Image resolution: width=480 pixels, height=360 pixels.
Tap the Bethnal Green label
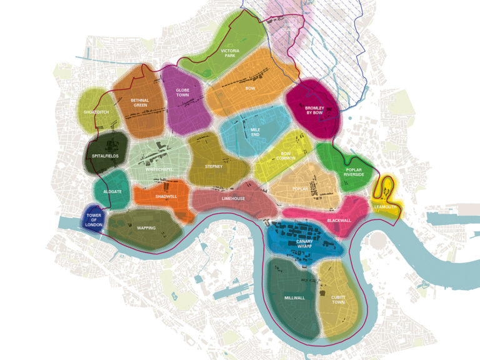(x=140, y=102)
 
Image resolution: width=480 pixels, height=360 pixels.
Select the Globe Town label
(x=182, y=92)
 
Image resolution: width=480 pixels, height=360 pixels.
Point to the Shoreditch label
(x=97, y=112)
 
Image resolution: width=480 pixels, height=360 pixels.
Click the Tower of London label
(x=94, y=219)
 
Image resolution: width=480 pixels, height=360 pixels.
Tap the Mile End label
(x=255, y=132)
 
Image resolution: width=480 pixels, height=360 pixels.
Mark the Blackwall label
(x=339, y=221)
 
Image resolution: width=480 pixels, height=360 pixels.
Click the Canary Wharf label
(x=304, y=244)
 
